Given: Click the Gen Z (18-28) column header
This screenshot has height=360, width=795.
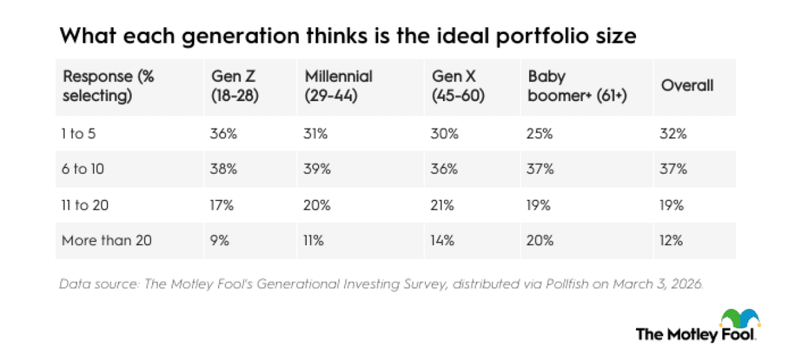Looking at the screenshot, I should [x=235, y=87].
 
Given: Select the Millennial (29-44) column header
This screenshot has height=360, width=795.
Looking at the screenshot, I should [x=339, y=87].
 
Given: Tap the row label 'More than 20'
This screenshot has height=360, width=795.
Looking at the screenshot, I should [x=107, y=241].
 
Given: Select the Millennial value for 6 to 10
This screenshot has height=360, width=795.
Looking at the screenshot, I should [x=318, y=169].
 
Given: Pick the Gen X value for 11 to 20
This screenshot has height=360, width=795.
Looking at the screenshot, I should [x=443, y=205].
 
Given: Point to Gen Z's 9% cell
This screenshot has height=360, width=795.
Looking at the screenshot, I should [x=220, y=241].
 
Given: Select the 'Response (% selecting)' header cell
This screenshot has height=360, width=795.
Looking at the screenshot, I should [x=108, y=87].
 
